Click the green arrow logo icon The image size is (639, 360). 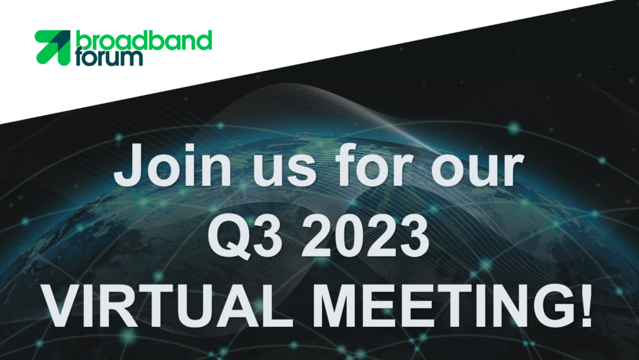52,47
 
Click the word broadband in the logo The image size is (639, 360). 144,40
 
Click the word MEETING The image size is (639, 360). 440,306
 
